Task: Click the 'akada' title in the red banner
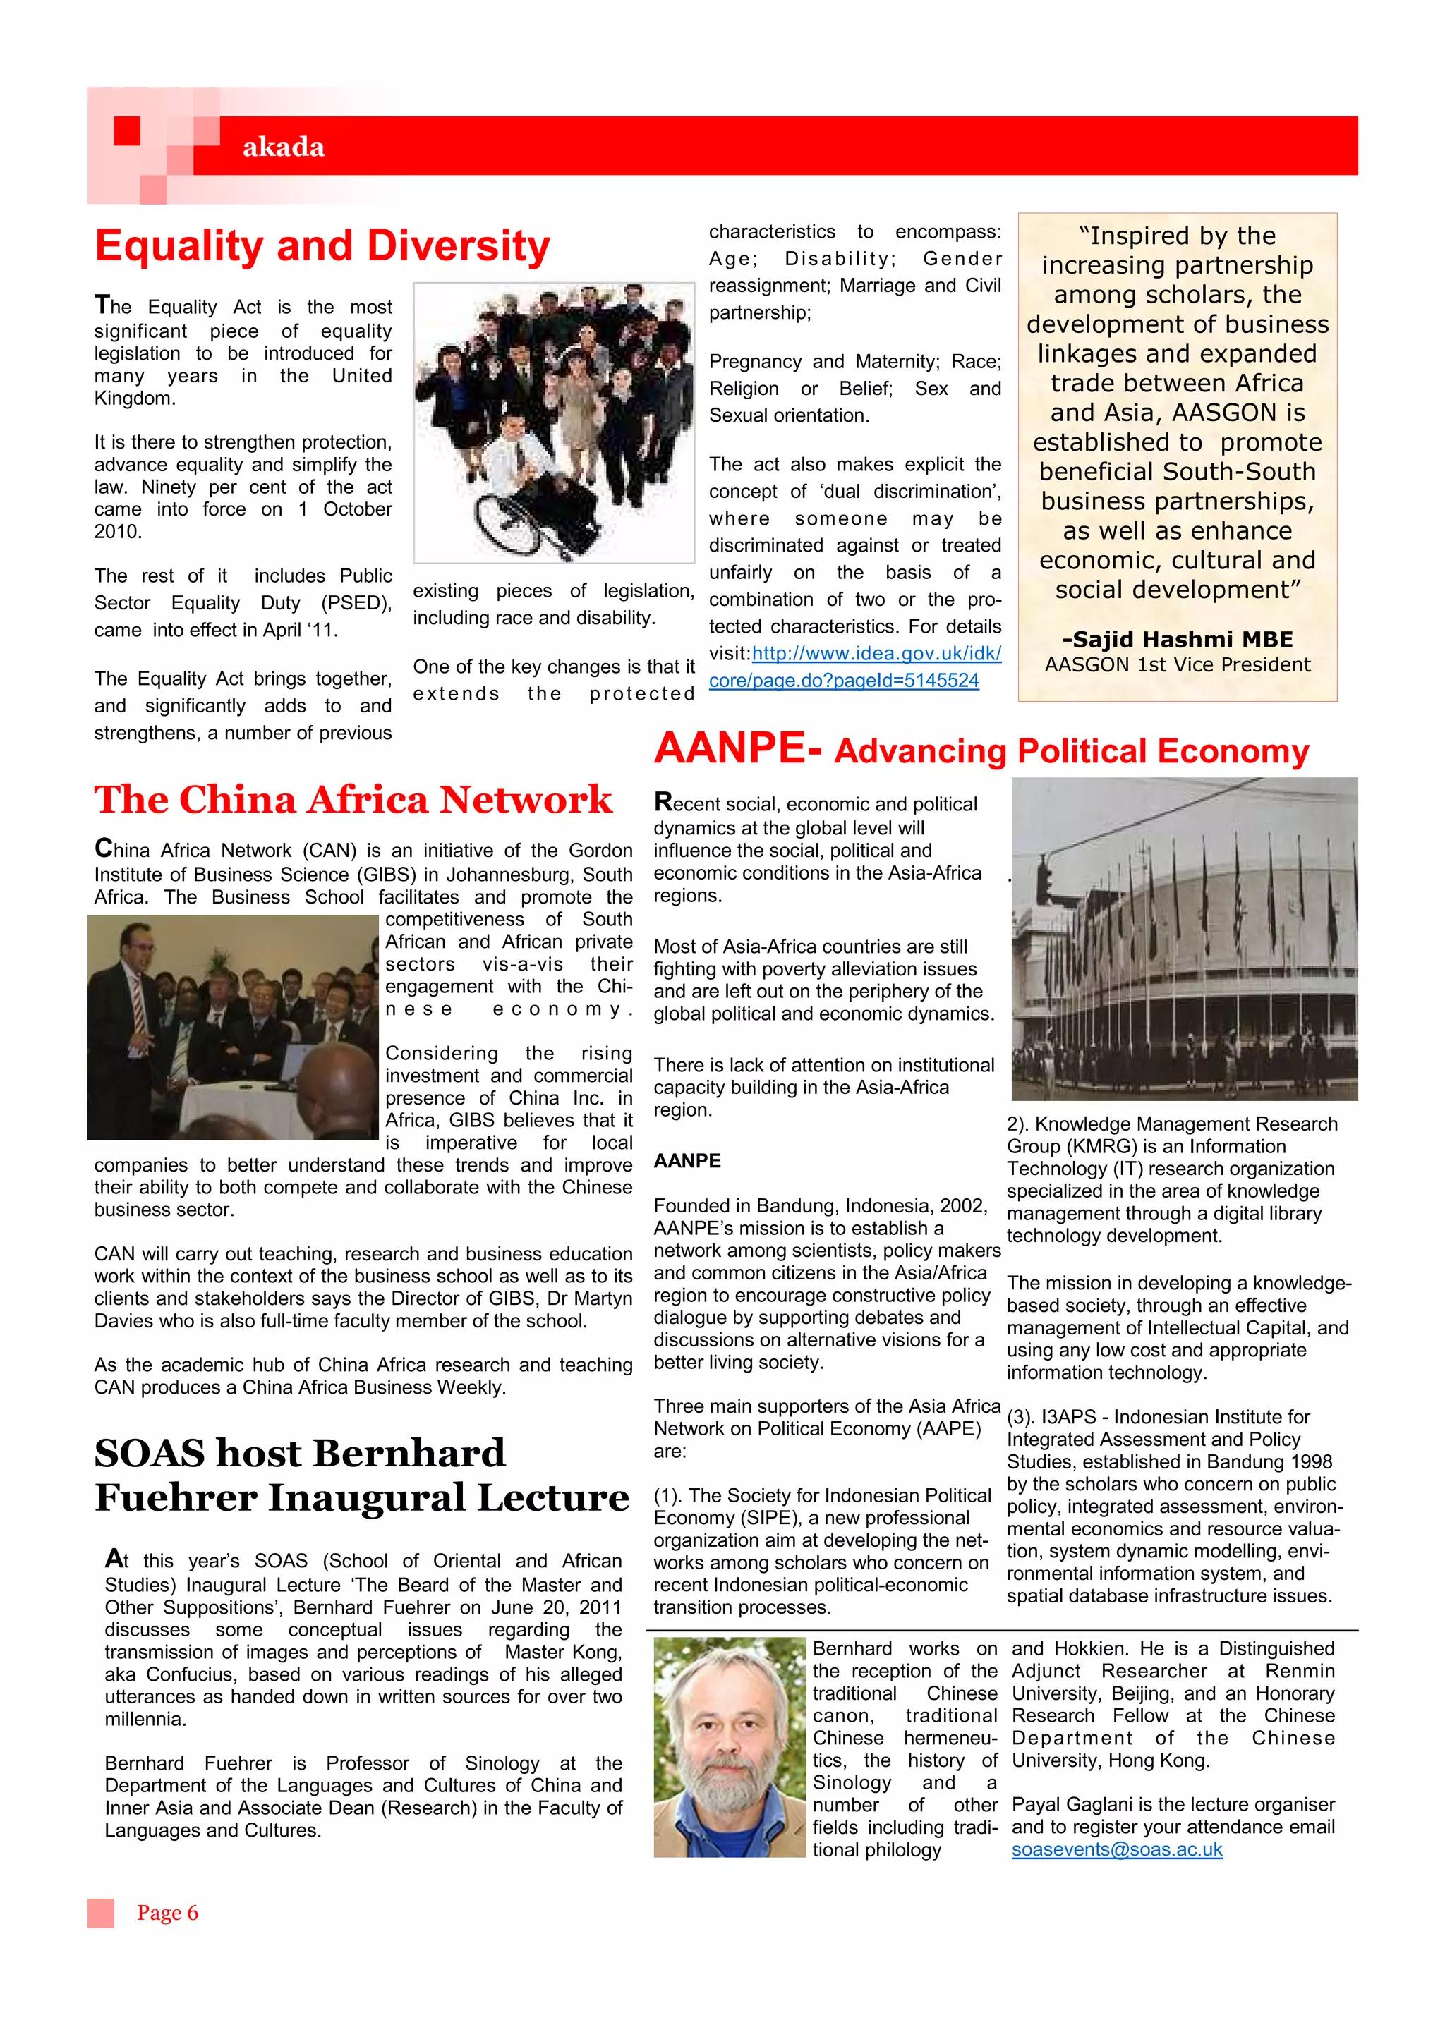point(283,147)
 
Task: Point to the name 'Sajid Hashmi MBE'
point(1177,639)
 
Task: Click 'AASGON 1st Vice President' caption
point(1177,665)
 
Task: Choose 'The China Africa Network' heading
point(353,799)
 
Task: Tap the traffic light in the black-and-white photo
point(1044,882)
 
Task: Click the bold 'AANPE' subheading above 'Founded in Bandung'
point(687,1161)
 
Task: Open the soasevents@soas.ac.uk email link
point(1116,1850)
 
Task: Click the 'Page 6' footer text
point(167,1913)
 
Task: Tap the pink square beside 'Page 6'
point(101,1913)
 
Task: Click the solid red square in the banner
point(127,131)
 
